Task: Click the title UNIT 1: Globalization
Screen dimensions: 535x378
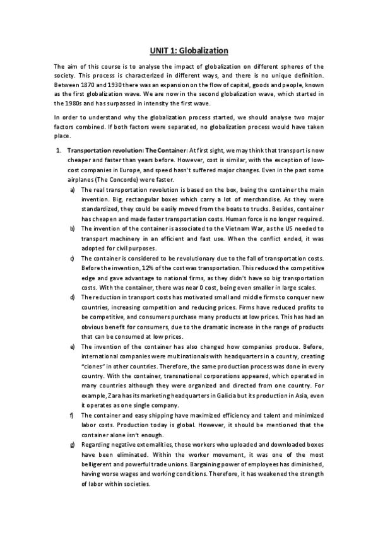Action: [x=189, y=49]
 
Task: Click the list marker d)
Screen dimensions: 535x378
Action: [x=73, y=297]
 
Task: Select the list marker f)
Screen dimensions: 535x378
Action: [x=73, y=415]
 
